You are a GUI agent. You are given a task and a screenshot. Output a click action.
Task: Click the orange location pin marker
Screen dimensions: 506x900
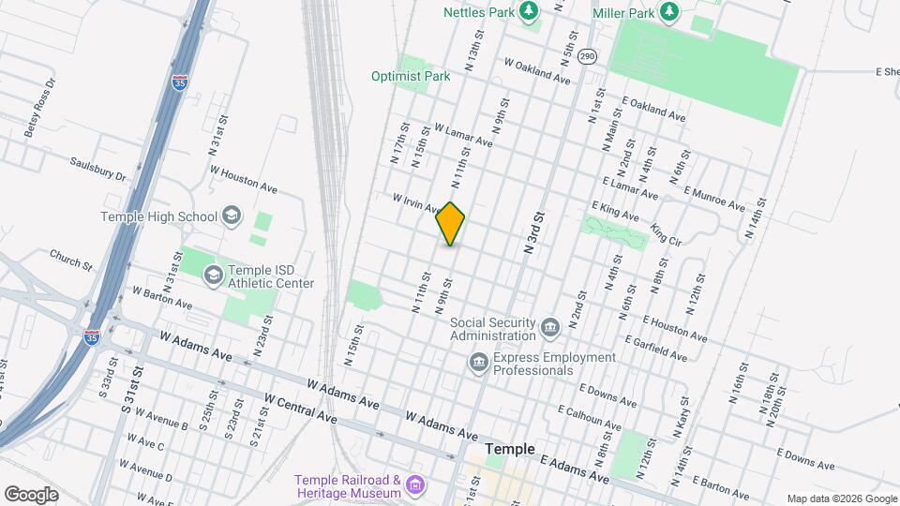tap(451, 224)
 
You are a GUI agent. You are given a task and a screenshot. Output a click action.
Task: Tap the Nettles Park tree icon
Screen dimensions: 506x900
tap(530, 10)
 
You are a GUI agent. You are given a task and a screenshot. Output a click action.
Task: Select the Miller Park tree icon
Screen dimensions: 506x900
tap(668, 10)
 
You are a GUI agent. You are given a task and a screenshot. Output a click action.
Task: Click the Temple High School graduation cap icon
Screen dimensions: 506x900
tap(230, 216)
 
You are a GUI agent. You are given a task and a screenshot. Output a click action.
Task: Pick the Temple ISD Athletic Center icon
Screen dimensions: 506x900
tap(214, 275)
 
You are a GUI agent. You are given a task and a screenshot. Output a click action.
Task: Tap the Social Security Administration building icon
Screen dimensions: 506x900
tap(550, 328)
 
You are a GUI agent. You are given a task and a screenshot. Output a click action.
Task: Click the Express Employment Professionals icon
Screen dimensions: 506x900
tap(478, 363)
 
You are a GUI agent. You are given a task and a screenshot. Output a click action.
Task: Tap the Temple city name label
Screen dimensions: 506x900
tap(510, 449)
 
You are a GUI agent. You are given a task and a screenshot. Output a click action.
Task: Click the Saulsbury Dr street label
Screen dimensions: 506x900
tap(97, 167)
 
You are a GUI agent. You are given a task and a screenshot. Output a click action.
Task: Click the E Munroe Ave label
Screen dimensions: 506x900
tap(714, 199)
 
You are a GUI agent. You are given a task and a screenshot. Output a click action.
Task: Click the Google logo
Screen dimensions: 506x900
tap(30, 494)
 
